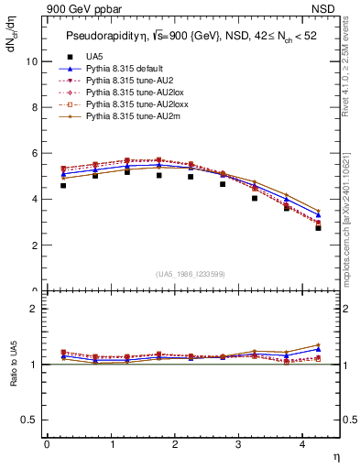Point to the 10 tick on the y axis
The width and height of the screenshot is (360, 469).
31,61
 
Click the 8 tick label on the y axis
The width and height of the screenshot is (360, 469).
34,107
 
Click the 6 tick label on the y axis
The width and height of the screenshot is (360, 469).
34,153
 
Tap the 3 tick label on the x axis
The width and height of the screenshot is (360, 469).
238,444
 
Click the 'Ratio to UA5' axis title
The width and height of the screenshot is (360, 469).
14,365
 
